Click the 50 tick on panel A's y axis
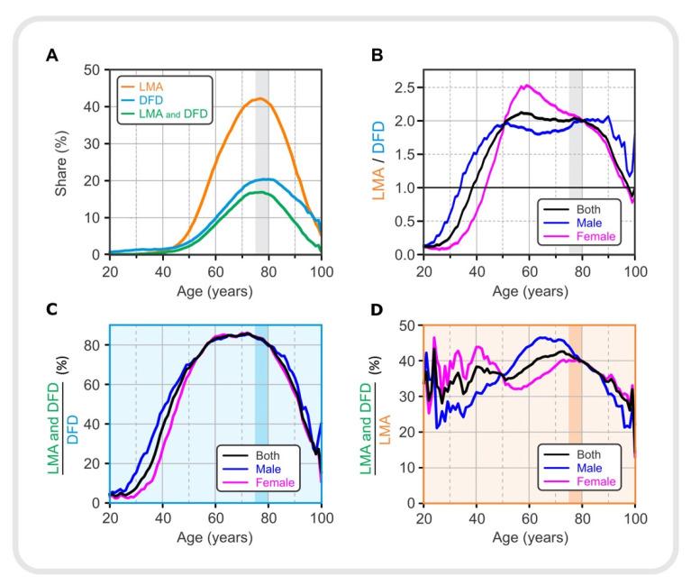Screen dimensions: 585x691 (94, 69)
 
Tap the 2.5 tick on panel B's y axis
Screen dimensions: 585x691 (406, 88)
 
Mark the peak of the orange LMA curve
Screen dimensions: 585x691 (259, 98)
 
